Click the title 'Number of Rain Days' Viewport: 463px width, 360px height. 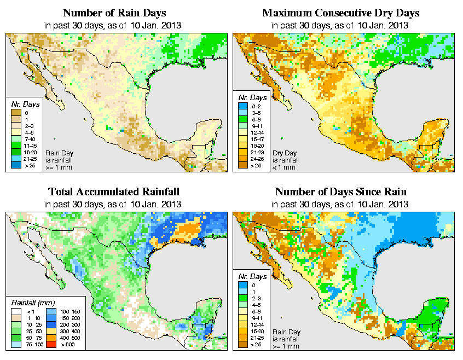114,13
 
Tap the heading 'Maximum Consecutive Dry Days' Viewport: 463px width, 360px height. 341,13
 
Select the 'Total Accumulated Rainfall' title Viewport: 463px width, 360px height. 114,192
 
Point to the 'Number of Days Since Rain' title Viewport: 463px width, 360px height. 341,192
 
